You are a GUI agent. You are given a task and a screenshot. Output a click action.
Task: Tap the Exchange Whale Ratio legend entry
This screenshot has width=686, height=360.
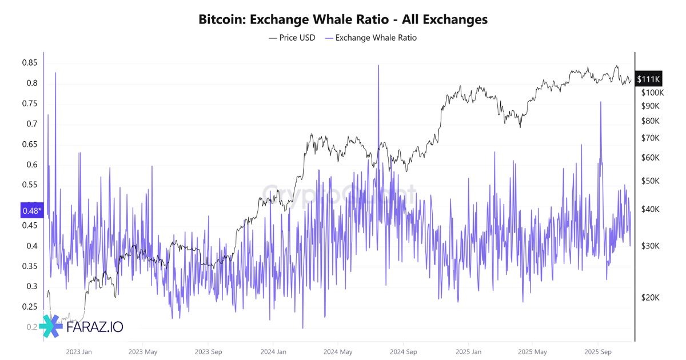[376, 38]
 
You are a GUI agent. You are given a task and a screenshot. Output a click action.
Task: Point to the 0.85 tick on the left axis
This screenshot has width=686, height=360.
[30, 63]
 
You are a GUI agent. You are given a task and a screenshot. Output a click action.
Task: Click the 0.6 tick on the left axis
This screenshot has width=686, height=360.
[33, 165]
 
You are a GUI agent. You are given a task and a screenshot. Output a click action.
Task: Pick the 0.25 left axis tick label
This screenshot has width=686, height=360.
[30, 307]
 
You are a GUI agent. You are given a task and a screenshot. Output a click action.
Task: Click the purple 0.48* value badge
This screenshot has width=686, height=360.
[31, 211]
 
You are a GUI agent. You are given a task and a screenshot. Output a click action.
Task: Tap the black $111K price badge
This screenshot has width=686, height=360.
[649, 79]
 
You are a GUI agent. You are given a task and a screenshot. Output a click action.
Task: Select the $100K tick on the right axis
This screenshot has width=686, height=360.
[652, 93]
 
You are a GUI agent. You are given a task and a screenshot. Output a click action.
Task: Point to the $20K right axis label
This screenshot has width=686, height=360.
[651, 298]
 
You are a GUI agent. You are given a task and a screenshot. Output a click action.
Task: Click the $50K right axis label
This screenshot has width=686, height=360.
[651, 181]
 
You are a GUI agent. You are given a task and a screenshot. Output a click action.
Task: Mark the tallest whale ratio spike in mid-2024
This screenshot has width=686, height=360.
[378, 66]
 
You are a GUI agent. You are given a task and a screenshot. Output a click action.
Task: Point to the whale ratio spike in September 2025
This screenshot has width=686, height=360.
[600, 103]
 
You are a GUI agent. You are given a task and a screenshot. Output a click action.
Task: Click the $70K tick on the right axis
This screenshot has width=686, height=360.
[651, 138]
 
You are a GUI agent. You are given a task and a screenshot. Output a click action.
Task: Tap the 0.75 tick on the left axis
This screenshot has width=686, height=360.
[30, 103]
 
